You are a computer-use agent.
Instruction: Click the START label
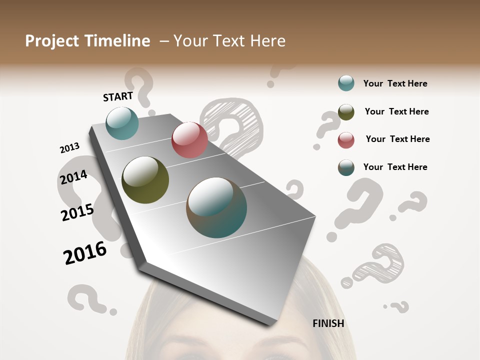[x=118, y=96]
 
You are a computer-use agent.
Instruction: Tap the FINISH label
[x=328, y=323]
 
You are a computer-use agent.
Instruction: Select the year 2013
[x=69, y=148]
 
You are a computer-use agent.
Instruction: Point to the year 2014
[x=73, y=177]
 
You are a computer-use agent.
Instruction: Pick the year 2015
[x=77, y=212]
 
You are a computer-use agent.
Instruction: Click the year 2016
[x=85, y=252]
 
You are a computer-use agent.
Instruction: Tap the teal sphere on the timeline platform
[x=122, y=123]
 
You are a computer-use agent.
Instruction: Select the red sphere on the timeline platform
[x=189, y=140]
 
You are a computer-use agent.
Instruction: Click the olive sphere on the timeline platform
[x=145, y=180]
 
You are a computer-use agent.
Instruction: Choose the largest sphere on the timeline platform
[x=216, y=207]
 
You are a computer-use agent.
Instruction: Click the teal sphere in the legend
[x=346, y=83]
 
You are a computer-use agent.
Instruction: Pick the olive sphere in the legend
[x=346, y=112]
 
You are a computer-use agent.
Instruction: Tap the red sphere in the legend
[x=346, y=140]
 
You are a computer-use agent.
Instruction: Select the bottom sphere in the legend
[x=346, y=167]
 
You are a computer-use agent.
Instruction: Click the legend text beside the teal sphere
[x=395, y=84]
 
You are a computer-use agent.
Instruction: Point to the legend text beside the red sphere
[x=397, y=139]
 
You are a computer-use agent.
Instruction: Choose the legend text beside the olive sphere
[x=396, y=111]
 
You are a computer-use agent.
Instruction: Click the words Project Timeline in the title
[x=87, y=41]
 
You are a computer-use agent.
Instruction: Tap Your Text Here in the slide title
[x=229, y=41]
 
